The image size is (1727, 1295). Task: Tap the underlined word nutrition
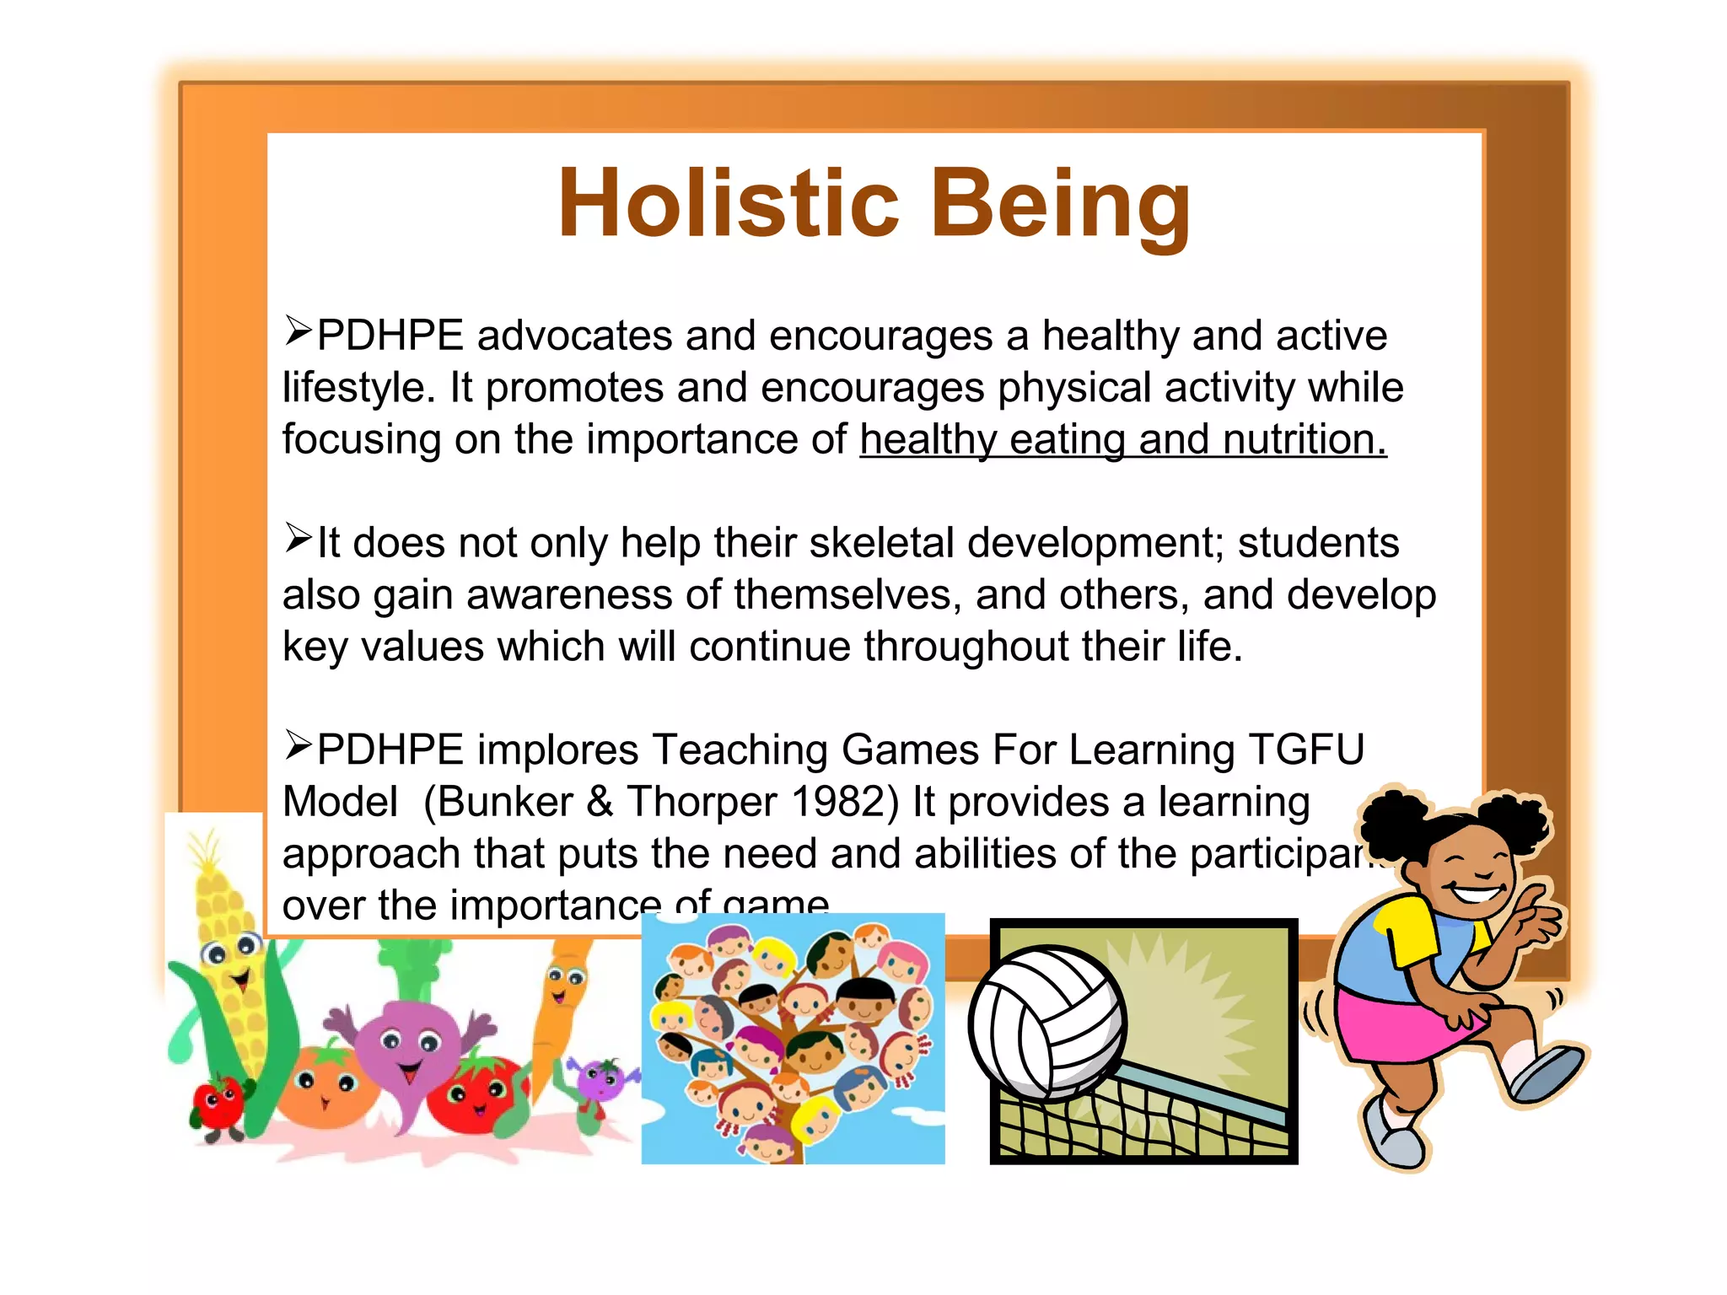1304,440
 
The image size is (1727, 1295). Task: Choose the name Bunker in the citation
505,802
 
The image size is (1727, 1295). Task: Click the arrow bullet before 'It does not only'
298,538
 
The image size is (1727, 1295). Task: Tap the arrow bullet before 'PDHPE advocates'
298,330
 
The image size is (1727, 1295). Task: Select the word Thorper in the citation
702,802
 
